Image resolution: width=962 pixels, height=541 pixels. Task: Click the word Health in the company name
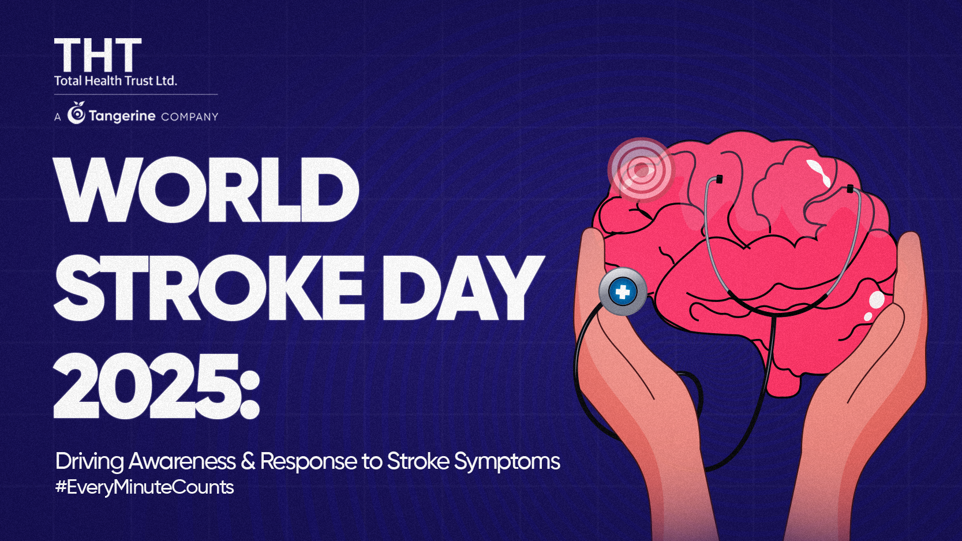point(103,81)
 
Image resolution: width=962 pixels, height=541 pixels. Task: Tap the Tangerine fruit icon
point(76,114)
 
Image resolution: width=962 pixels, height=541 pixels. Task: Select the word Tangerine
point(122,116)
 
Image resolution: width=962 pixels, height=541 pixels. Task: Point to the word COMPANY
point(189,117)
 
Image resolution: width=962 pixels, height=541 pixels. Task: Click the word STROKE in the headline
point(209,288)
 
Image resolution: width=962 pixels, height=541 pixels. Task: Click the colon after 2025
point(250,386)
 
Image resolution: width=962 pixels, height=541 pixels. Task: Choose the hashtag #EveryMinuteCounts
point(144,487)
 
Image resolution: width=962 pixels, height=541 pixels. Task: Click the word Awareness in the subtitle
point(182,461)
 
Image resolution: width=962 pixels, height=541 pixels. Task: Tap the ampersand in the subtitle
point(248,461)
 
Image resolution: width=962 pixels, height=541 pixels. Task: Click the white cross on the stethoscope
point(623,292)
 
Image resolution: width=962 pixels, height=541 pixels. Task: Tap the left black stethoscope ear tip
point(719,179)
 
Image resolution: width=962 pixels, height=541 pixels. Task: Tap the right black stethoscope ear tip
point(850,188)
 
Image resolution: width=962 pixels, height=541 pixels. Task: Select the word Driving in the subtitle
point(89,462)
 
